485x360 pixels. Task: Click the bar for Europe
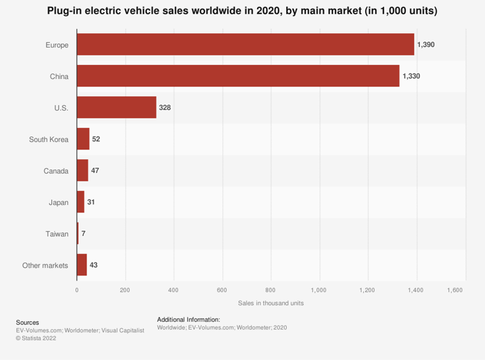245,44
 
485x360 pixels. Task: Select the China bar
238,76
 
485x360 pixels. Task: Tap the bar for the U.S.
116,107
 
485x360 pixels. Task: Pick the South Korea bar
83,139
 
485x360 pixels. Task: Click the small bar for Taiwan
78,233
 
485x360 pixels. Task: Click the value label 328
165,107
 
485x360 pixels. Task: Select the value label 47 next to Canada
95,170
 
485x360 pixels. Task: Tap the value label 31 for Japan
91,202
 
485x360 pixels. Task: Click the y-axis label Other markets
45,265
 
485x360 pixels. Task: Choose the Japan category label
59,202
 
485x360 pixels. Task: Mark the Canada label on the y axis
56,170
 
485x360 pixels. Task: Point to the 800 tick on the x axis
270,289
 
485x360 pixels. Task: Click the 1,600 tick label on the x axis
454,289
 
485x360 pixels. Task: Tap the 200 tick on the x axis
125,289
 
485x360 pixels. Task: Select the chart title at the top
242,12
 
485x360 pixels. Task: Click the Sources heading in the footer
28,322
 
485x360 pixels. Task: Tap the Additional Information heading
188,319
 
